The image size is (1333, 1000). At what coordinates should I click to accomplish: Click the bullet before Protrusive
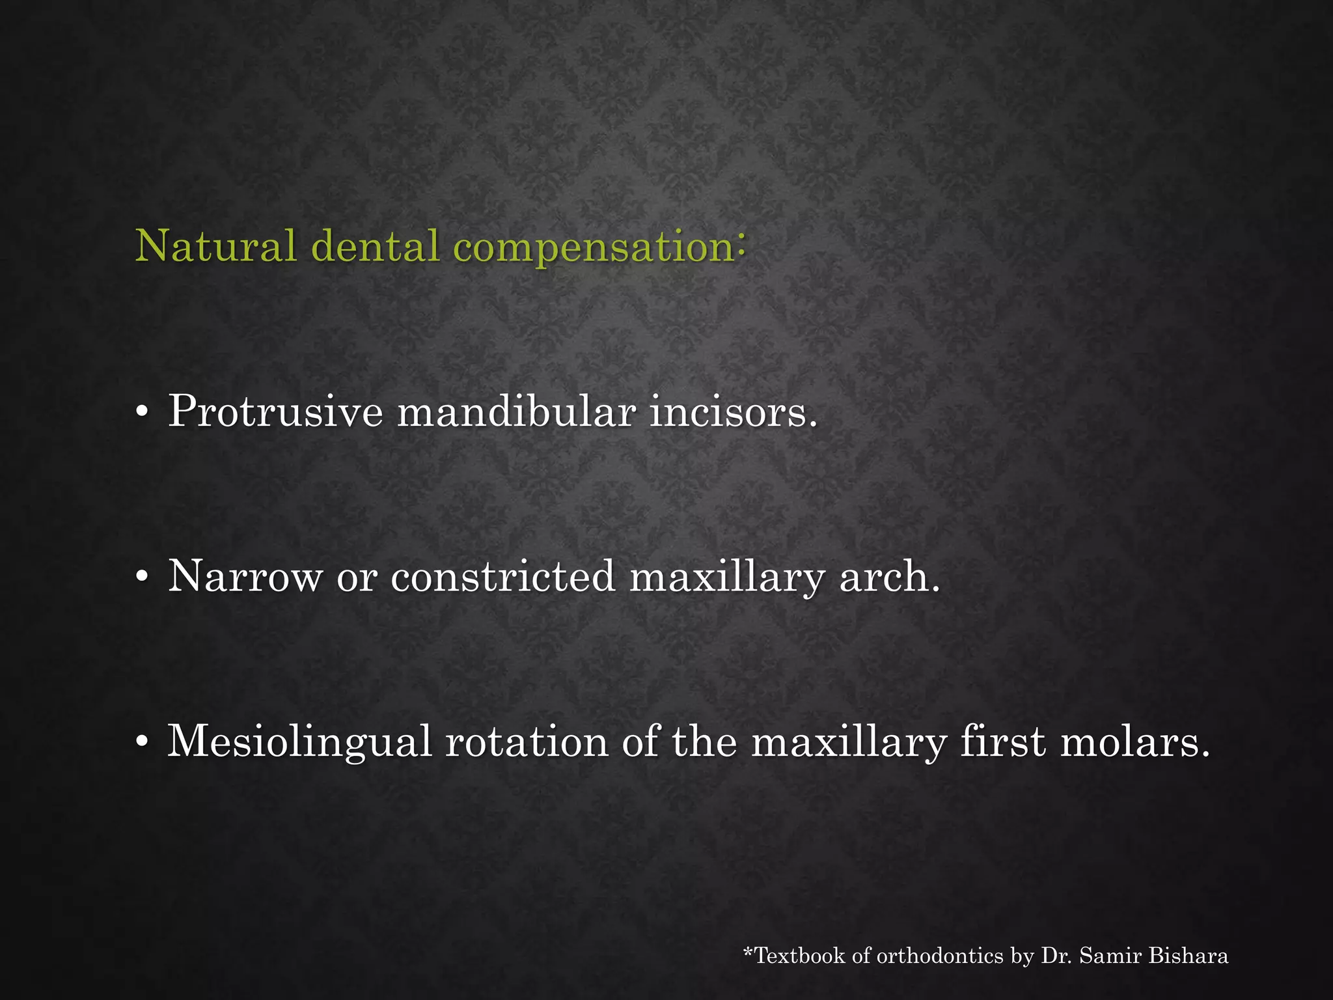pyautogui.click(x=141, y=414)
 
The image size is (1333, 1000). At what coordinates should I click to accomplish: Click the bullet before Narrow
pyautogui.click(x=141, y=578)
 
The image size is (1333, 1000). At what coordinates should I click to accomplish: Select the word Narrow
pyautogui.click(x=245, y=577)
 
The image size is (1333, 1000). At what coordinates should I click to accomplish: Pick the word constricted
pyautogui.click(x=502, y=577)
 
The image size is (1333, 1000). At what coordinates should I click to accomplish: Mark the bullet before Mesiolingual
pyautogui.click(x=141, y=743)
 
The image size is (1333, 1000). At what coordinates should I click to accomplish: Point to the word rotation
pyautogui.click(x=527, y=741)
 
